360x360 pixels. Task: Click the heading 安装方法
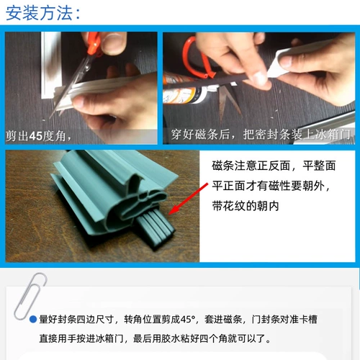[x=40, y=13]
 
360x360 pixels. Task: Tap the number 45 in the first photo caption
[x=36, y=136]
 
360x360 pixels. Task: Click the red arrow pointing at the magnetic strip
[x=188, y=199]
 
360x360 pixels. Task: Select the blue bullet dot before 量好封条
[x=33, y=320]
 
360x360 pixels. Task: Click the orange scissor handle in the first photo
[x=94, y=43]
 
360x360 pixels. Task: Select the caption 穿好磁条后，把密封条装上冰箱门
[x=260, y=135]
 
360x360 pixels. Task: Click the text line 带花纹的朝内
[x=246, y=206]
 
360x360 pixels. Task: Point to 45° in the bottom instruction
[x=188, y=320]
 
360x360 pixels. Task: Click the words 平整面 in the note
[x=319, y=166]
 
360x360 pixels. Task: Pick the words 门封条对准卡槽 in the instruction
[x=284, y=320]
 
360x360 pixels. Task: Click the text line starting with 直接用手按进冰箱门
[x=155, y=338]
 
